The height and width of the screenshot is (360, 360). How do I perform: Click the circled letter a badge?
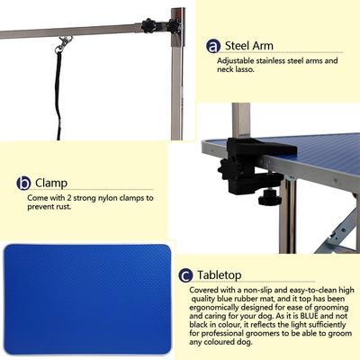pos(213,46)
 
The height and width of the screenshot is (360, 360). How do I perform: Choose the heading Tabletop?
pos(225,274)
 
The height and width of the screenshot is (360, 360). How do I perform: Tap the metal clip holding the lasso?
pos(63,42)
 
